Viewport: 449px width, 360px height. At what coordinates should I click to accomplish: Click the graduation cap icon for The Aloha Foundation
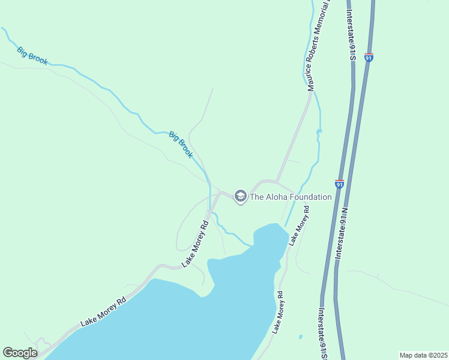point(240,196)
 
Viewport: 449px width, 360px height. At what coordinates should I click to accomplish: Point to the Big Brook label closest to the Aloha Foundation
point(181,145)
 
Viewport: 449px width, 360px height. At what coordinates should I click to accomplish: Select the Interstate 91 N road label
point(342,234)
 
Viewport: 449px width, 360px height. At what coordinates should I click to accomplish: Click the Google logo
point(20,353)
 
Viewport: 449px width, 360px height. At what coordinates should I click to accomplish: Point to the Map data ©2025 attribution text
point(423,355)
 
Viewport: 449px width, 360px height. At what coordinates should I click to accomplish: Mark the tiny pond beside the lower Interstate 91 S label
point(300,337)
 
